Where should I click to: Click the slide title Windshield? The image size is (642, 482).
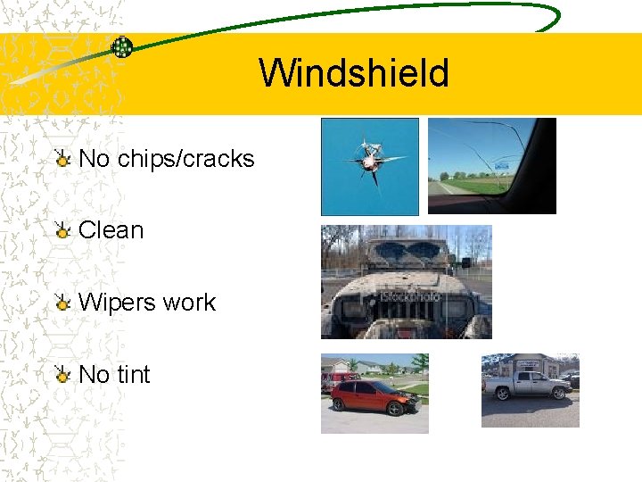point(354,73)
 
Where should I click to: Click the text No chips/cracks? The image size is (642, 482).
point(166,159)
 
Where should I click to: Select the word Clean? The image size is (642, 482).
point(111,230)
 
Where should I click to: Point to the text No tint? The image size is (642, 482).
point(114,375)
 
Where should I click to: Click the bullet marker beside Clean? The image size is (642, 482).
point(62,231)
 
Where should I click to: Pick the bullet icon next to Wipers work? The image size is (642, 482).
point(62,303)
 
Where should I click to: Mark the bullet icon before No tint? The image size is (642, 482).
point(62,376)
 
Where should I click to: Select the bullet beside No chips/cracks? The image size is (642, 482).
point(62,160)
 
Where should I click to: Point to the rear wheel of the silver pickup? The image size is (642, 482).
point(503,395)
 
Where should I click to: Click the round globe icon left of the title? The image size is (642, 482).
point(122,47)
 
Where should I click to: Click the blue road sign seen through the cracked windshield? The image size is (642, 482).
point(500,165)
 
